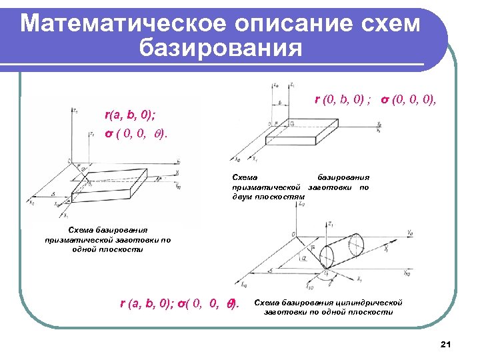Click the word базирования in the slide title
[221, 48]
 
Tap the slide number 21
[446, 344]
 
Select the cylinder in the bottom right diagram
[340, 252]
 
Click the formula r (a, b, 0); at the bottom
[149, 304]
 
